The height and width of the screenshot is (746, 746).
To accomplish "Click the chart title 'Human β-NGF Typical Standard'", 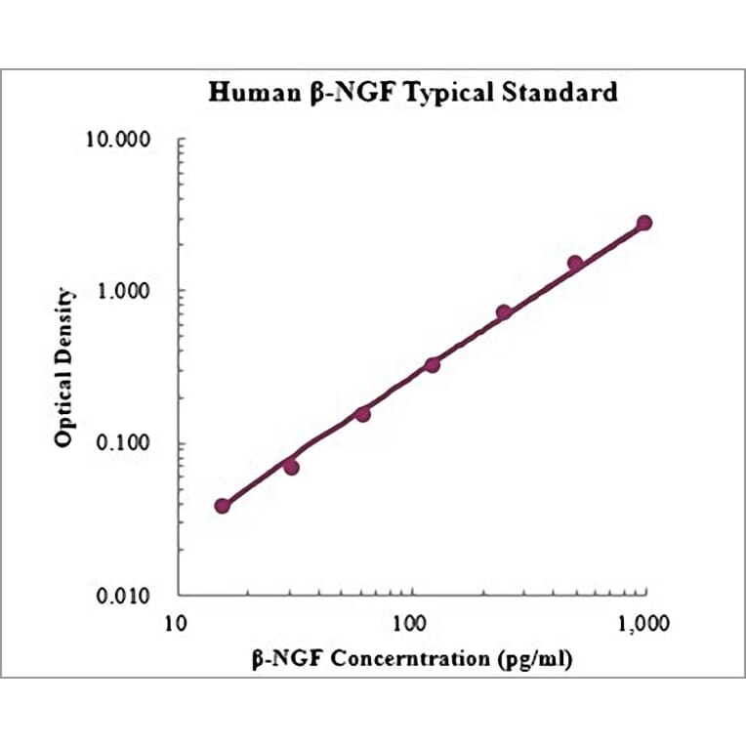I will pyautogui.click(x=414, y=93).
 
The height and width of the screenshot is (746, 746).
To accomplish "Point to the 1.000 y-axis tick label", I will pyautogui.click(x=135, y=291).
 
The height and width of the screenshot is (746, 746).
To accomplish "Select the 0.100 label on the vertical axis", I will pyautogui.click(x=135, y=443).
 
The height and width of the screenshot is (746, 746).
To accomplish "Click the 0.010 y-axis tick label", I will pyautogui.click(x=135, y=596).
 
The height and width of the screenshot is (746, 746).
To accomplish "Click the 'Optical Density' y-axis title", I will pyautogui.click(x=63, y=367).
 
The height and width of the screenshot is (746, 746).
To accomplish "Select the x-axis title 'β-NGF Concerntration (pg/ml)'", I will pyautogui.click(x=411, y=659).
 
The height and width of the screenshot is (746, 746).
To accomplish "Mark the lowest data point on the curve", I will pyautogui.click(x=223, y=506).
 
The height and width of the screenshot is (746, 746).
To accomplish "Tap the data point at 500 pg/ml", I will pyautogui.click(x=575, y=263).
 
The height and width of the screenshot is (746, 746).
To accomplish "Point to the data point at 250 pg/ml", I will pyautogui.click(x=504, y=312).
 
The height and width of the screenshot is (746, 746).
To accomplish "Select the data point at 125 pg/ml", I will pyautogui.click(x=433, y=364).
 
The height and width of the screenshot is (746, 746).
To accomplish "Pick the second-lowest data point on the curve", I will pyautogui.click(x=291, y=467).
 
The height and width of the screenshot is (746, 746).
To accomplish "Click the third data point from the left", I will pyautogui.click(x=362, y=414).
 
